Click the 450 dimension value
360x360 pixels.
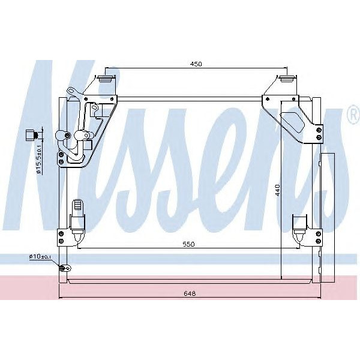pos(196,64)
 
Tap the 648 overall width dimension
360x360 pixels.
pos(190,293)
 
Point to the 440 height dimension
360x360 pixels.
pos(278,190)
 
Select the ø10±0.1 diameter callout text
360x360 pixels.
pos(41,257)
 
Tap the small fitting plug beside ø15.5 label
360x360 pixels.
pos(34,134)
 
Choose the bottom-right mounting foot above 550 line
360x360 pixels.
pos(299,225)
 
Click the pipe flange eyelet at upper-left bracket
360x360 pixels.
pos(71,92)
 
